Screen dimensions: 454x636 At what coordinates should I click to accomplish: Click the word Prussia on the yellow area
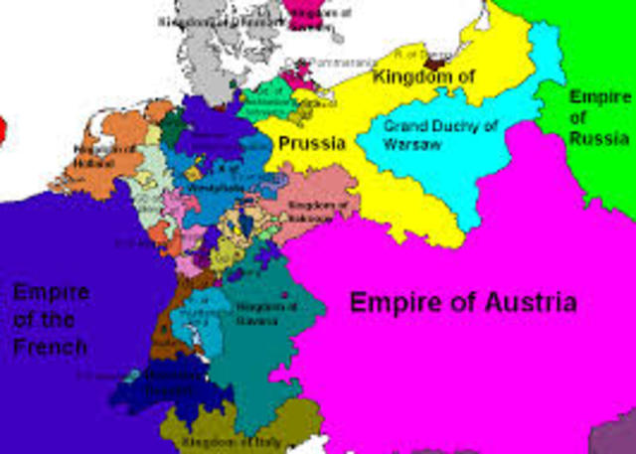tap(311, 144)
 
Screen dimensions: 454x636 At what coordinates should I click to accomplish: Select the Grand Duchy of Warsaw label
tap(426, 136)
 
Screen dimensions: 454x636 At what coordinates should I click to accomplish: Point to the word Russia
tap(598, 140)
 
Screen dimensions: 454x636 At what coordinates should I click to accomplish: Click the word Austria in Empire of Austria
tap(524, 302)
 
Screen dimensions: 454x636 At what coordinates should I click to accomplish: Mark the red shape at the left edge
tap(2, 127)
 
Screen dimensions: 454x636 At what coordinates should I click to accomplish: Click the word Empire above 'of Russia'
tap(599, 97)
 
